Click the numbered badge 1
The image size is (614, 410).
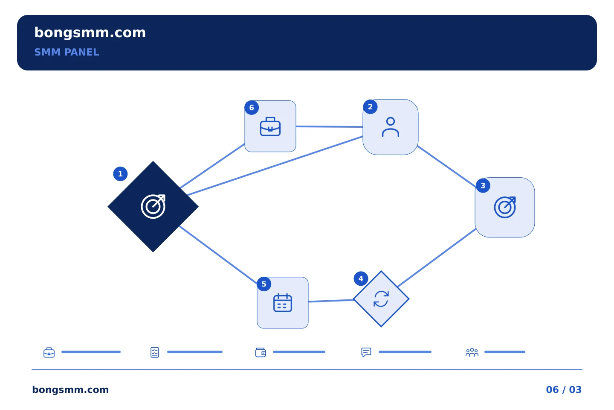click(x=120, y=174)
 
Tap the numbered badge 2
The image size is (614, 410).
click(x=370, y=107)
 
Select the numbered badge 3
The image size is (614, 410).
click(x=483, y=186)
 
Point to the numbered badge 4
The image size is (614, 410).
click(x=361, y=279)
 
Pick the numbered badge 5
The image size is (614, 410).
click(x=264, y=284)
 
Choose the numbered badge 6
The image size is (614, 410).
click(x=252, y=108)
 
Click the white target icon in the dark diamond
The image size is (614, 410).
click(x=153, y=207)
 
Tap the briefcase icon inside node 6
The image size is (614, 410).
click(x=270, y=126)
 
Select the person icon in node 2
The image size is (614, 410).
click(x=391, y=127)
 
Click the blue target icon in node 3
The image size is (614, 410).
click(x=505, y=207)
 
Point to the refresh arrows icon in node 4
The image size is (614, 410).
click(x=381, y=299)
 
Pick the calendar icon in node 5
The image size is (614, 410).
click(x=283, y=303)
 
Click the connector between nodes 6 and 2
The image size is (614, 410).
click(x=330, y=126)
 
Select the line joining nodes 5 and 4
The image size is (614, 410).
click(x=331, y=301)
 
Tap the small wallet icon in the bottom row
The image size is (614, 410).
click(x=261, y=352)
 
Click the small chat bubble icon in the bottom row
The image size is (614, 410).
click(x=366, y=352)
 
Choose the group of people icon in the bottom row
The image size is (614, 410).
click(x=472, y=352)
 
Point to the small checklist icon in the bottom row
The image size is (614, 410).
click(x=155, y=352)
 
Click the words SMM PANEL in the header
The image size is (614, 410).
click(x=67, y=52)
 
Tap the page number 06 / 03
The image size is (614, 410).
click(x=564, y=389)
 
